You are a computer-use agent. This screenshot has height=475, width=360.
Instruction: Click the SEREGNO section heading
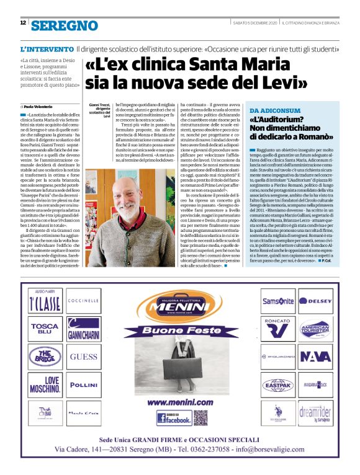(x=65, y=25)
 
